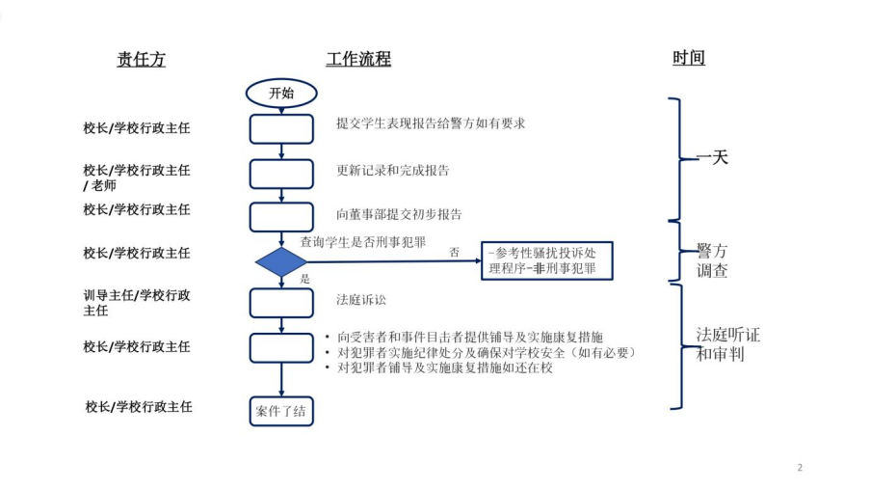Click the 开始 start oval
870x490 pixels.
point(280,93)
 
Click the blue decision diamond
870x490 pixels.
point(280,262)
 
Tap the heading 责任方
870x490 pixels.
point(142,60)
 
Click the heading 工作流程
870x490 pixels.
point(358,60)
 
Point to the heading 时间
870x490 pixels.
point(689,58)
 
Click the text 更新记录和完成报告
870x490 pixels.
point(393,171)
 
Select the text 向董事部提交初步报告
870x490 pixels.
point(399,214)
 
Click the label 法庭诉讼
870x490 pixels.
point(361,300)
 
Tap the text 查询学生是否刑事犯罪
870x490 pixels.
point(363,240)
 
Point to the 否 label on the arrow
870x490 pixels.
point(455,252)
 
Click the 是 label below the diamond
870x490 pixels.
point(305,278)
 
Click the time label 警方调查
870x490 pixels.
point(712,260)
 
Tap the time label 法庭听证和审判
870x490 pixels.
point(727,344)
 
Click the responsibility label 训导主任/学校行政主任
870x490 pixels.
point(136,303)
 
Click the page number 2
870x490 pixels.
point(800,468)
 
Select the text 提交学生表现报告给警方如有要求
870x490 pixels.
point(430,123)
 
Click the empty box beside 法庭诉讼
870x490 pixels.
point(281,303)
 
